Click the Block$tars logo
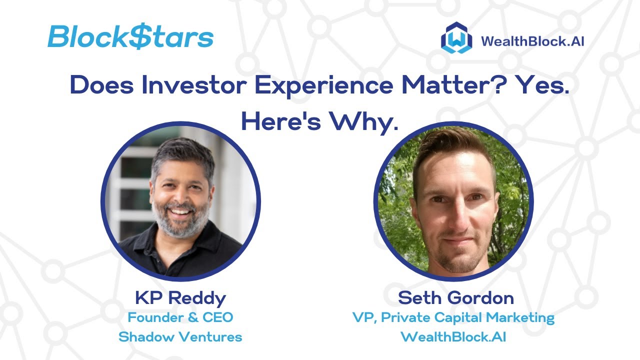point(130,36)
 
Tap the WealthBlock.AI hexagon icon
point(456,38)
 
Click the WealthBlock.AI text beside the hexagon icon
point(532,40)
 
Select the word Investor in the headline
point(194,85)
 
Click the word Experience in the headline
point(323,86)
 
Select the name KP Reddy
point(180,298)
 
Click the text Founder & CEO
point(180,317)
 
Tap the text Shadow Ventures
point(180,337)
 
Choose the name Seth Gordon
point(455,298)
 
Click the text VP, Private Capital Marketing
point(453,317)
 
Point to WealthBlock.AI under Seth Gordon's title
point(453,337)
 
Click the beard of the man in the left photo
point(182,225)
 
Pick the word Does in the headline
point(102,85)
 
